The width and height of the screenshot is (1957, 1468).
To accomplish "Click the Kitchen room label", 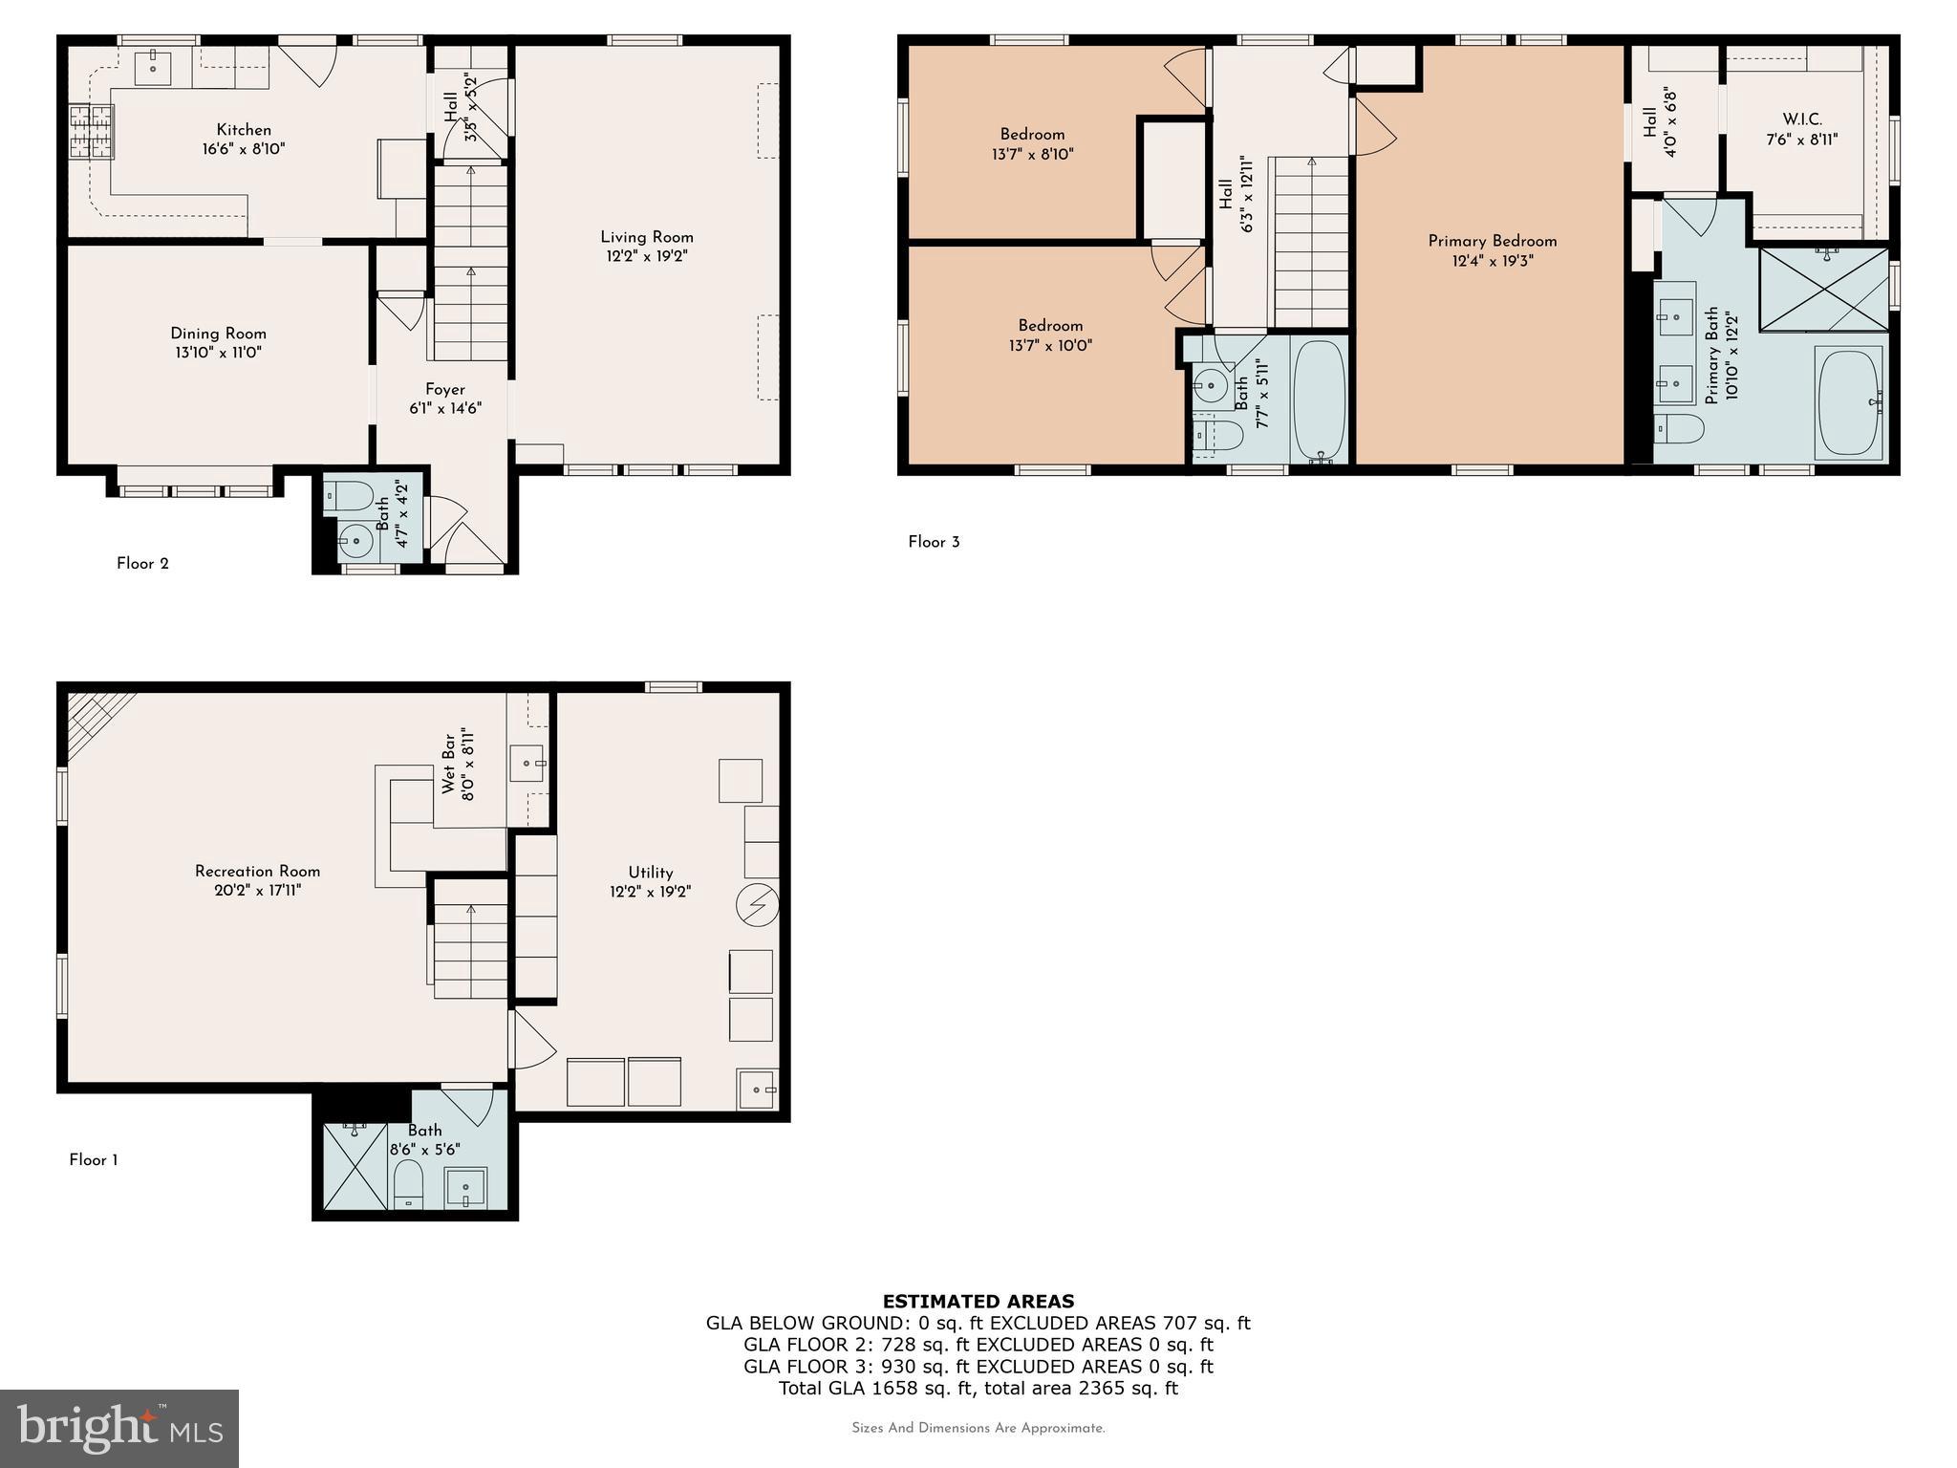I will [244, 130].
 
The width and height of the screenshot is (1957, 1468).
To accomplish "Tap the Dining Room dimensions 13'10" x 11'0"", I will [218, 353].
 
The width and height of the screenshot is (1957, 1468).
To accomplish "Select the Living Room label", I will [647, 237].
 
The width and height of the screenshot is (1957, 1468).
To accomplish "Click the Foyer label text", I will [445, 389].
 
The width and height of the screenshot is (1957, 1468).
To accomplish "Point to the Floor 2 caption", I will [142, 564].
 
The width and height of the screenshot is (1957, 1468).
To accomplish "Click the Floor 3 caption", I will [934, 542].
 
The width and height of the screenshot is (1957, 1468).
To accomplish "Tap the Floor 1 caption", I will [94, 1160].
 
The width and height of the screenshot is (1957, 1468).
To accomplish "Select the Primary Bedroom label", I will [1492, 241].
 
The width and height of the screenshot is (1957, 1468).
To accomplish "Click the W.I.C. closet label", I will [1801, 119].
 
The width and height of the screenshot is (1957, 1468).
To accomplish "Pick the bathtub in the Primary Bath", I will [1850, 402].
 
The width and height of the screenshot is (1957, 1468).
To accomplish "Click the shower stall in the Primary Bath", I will [1823, 290].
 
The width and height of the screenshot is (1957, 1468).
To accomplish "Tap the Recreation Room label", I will [257, 871].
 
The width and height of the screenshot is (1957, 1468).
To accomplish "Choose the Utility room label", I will [650, 872].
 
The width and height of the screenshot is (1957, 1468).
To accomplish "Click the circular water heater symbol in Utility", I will [759, 904].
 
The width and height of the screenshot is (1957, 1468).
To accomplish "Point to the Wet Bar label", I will [448, 764].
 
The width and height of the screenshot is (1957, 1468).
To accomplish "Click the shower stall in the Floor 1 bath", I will [355, 1167].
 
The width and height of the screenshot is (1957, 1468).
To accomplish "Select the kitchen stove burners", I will [92, 132].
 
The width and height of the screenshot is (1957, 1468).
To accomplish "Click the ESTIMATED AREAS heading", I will [978, 1301].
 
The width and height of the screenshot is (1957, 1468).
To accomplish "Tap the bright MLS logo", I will [119, 1428].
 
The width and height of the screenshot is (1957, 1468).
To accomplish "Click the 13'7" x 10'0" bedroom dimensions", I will [1050, 345].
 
